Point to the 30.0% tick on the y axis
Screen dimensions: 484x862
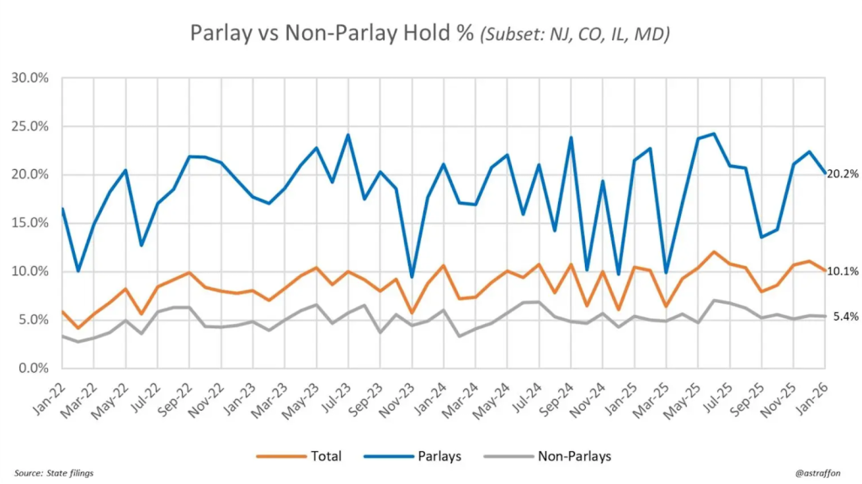[x=30, y=77]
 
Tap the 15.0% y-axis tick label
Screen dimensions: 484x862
[x=30, y=223]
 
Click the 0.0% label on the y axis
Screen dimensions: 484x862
[x=33, y=369]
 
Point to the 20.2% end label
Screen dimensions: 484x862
[x=843, y=174]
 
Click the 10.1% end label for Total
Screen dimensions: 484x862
[x=843, y=271]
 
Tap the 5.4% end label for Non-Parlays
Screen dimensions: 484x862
[x=845, y=316]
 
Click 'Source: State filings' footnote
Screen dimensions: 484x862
[x=54, y=473]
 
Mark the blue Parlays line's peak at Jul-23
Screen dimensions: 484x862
[x=348, y=135]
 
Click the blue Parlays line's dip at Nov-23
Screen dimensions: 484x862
[x=412, y=277]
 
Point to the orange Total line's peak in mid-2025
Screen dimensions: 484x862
[x=714, y=252]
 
